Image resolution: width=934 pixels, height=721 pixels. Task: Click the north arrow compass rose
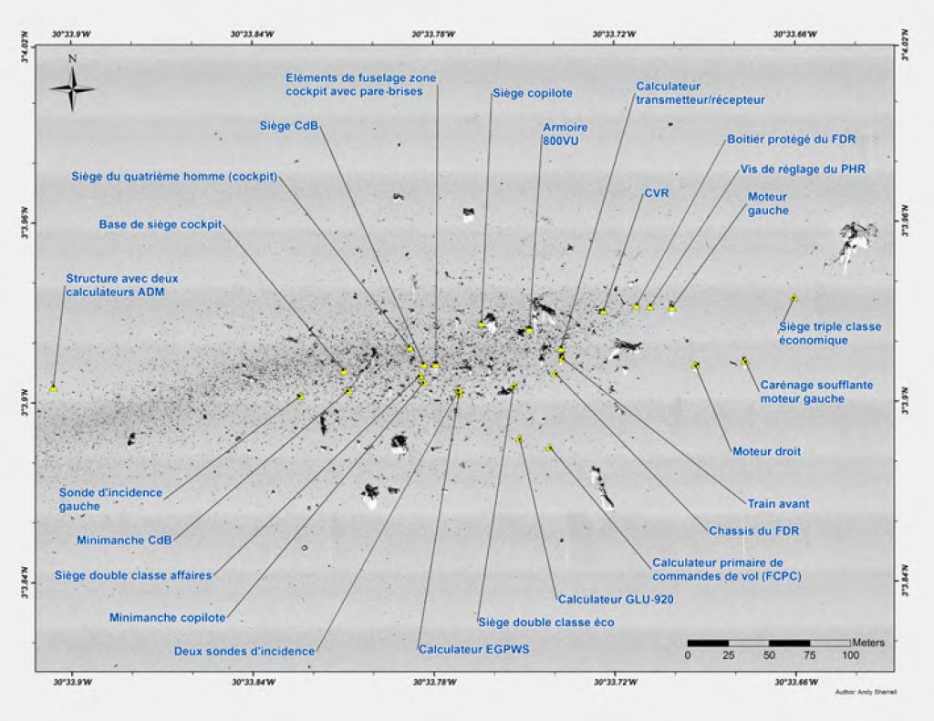tap(72, 88)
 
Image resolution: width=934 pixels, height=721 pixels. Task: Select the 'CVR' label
tap(657, 193)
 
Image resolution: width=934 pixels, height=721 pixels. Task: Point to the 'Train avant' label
tap(778, 503)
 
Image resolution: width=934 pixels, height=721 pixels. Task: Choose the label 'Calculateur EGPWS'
tap(473, 650)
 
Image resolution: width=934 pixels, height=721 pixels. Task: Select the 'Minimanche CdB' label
tap(126, 539)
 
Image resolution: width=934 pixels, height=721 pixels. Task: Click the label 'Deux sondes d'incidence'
tap(244, 651)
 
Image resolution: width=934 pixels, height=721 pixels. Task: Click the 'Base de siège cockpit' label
tap(161, 224)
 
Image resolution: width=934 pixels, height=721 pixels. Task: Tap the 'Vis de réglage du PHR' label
tap(803, 169)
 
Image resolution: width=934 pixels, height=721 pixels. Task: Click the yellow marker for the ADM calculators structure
tap(54, 387)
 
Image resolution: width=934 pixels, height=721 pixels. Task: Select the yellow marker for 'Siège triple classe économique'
tap(794, 298)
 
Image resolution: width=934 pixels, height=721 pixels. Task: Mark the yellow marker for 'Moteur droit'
tap(696, 366)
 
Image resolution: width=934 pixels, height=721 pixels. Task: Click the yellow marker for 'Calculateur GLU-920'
tap(520, 439)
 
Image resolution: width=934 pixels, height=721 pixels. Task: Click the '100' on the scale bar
tap(850, 655)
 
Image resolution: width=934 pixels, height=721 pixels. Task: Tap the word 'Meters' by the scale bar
tap(867, 642)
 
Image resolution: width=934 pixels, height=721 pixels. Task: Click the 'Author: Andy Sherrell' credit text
tap(866, 693)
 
